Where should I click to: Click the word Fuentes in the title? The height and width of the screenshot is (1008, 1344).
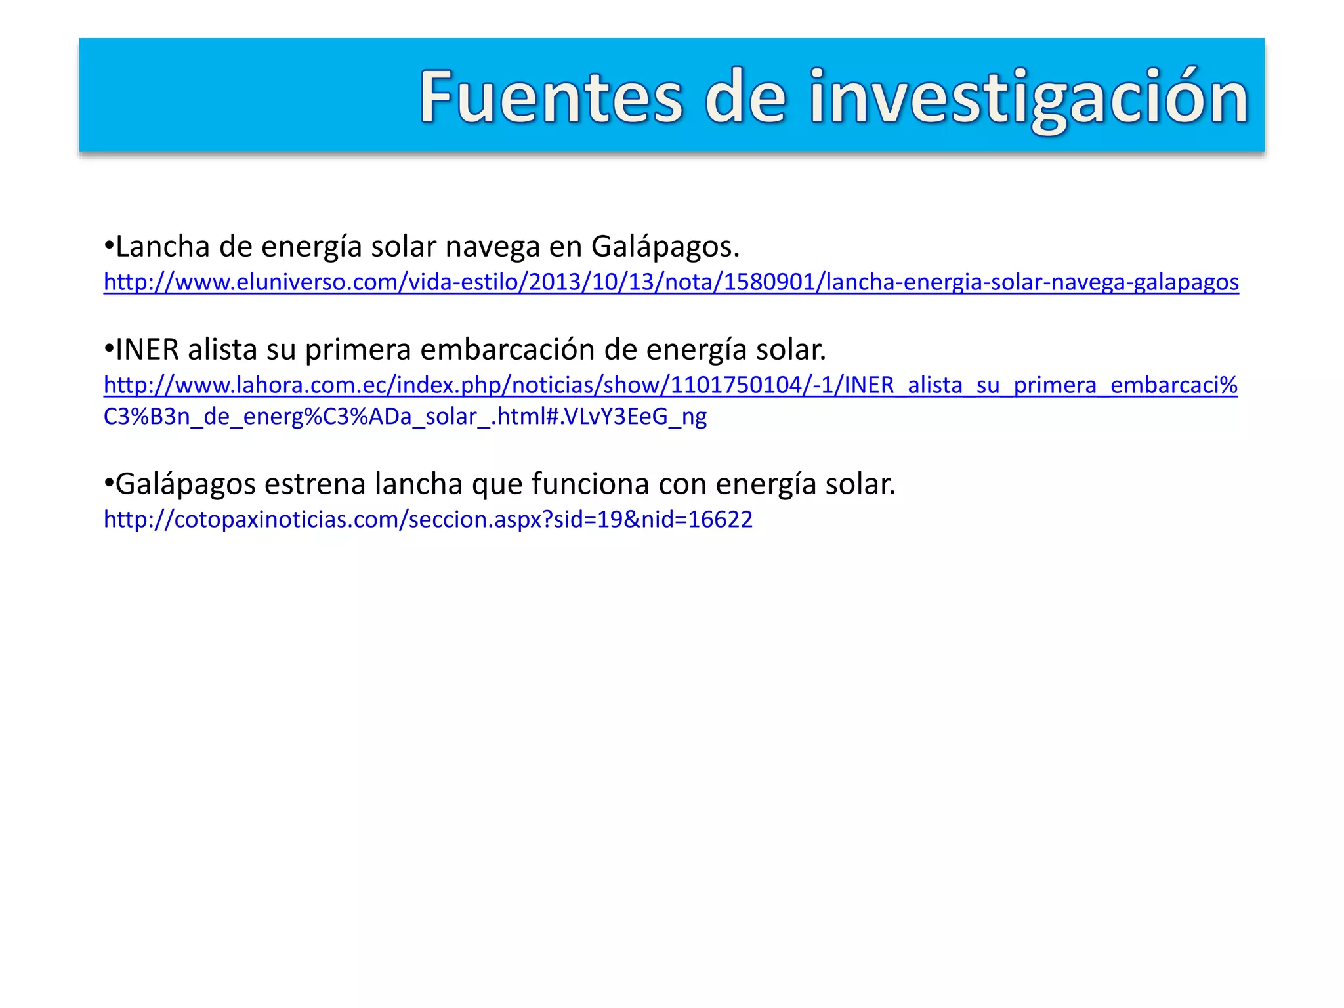[551, 97]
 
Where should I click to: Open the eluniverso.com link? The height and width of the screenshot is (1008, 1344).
[671, 282]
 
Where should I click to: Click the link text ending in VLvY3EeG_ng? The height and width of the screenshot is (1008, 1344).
[405, 417]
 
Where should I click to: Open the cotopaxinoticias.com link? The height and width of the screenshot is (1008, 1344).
[428, 520]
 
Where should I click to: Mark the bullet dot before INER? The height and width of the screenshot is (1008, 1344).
[109, 350]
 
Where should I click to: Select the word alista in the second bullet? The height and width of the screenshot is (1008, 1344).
[222, 350]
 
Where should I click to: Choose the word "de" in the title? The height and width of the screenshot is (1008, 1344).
[745, 97]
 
